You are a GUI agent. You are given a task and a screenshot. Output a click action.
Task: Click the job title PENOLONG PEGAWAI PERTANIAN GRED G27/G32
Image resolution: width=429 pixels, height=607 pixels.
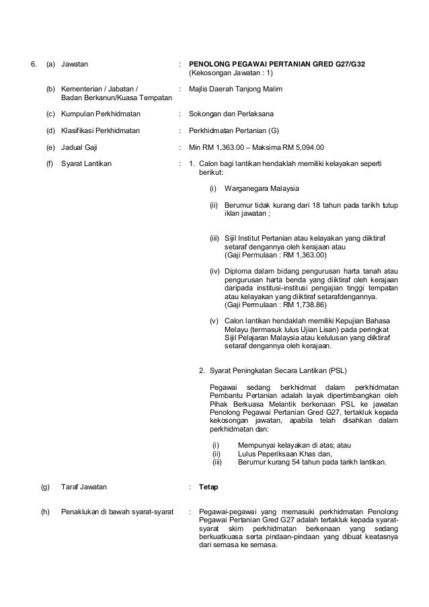[278, 65]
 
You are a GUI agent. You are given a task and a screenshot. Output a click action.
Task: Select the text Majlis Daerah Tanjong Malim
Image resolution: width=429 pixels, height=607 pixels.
[234, 89]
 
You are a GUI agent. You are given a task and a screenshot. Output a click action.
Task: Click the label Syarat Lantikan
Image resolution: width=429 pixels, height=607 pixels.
[87, 163]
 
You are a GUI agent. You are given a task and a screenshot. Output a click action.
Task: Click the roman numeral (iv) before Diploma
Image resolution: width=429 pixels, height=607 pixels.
[214, 271]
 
